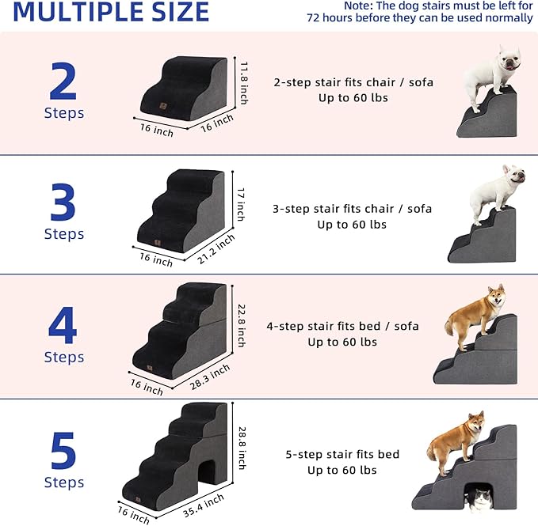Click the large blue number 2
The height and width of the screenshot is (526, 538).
(x=63, y=81)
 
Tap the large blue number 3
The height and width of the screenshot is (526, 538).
(x=63, y=202)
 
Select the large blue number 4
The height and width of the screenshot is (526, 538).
(x=63, y=325)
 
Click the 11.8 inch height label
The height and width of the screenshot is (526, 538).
(x=245, y=82)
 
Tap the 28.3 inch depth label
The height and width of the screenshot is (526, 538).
(x=209, y=376)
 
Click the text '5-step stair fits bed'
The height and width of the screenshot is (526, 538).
(x=342, y=455)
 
